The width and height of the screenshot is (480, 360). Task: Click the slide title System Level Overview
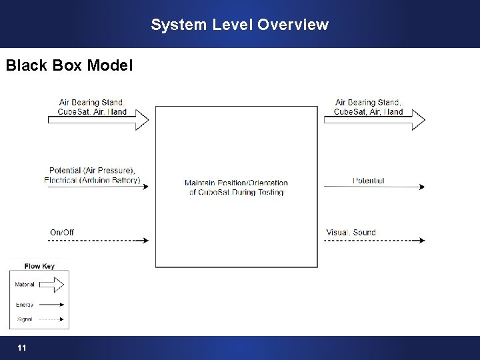[239, 25]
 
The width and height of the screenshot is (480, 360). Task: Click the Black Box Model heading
[69, 65]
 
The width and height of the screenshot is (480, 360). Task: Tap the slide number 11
[22, 348]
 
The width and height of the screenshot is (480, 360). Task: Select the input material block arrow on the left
[98, 120]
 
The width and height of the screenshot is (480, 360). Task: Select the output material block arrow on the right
[374, 120]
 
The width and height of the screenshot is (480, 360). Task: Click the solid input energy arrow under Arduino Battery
[98, 187]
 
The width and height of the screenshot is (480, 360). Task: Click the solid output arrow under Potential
[374, 187]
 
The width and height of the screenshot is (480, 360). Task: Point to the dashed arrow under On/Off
[98, 240]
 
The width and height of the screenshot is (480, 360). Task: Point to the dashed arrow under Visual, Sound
[374, 240]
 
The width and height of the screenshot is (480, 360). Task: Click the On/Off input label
[62, 232]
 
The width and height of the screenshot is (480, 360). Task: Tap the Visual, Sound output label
[351, 232]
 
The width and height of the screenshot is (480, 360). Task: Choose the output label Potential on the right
[368, 180]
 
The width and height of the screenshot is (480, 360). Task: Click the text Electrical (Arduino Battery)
[92, 180]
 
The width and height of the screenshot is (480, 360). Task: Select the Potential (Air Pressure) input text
[92, 170]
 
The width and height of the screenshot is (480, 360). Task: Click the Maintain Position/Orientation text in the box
[236, 183]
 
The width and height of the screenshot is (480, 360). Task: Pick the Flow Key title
[39, 266]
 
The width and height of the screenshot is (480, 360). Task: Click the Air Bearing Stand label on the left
[91, 102]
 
